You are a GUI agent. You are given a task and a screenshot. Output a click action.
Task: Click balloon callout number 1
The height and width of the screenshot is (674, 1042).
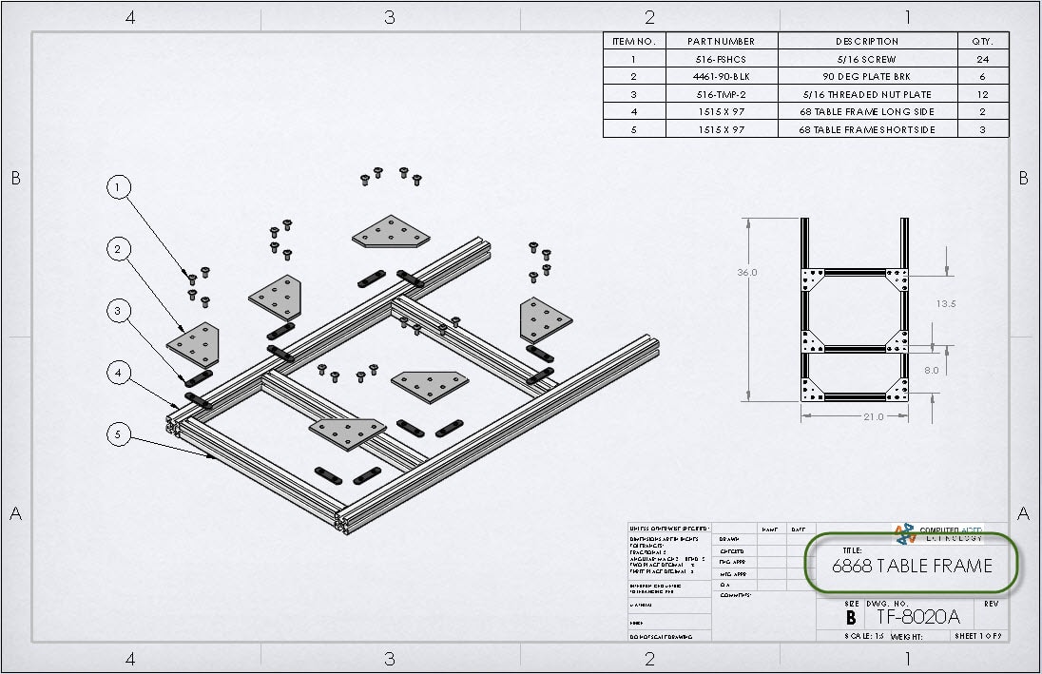coord(118,188)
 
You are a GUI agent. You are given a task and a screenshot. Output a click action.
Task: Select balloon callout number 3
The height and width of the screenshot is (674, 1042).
coord(118,311)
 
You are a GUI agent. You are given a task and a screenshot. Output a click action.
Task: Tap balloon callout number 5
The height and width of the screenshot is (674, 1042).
coord(118,434)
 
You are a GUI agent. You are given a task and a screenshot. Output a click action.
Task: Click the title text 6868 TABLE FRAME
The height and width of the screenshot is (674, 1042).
coord(911,567)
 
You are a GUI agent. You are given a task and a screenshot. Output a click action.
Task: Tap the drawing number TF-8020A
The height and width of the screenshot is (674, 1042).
coord(918,617)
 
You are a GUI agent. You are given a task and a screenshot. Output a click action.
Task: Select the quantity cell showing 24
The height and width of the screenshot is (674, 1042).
coord(983,59)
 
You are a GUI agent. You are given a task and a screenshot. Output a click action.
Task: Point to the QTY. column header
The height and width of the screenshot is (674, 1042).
coord(983,41)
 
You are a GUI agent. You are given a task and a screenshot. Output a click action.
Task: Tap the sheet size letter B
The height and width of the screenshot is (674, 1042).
coord(850,617)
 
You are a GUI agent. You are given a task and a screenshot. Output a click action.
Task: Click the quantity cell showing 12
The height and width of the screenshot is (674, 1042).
coord(983,94)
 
